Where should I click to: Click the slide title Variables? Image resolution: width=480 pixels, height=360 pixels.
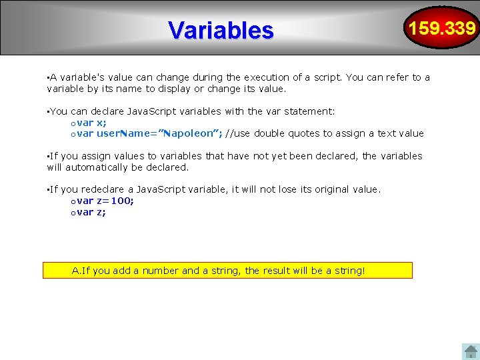[221, 30]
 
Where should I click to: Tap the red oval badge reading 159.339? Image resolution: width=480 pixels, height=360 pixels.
[443, 28]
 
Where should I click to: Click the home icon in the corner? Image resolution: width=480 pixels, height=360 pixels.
[471, 351]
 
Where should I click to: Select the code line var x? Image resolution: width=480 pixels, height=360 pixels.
[91, 123]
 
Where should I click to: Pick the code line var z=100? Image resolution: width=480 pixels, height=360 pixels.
[105, 201]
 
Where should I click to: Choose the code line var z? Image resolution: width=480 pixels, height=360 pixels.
[91, 212]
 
